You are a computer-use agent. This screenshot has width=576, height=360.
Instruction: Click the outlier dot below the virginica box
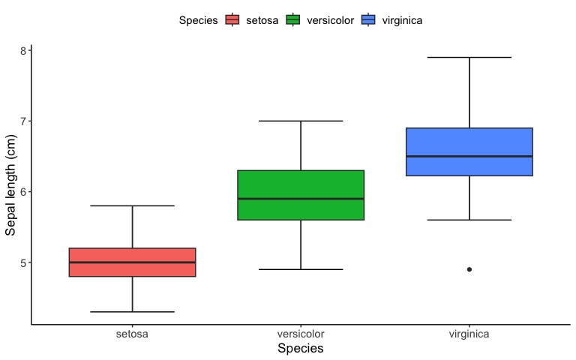pos(469,270)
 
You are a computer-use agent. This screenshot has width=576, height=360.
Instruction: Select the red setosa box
pos(132,262)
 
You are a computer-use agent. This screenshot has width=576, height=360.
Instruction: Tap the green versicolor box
pos(301,195)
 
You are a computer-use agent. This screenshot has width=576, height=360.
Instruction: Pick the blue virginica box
pos(469,151)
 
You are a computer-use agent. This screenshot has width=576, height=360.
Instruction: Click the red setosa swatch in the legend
pos(232,19)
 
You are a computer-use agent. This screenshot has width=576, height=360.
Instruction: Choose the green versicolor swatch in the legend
pos(293,19)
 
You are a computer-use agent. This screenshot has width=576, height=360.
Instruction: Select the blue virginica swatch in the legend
pos(368,19)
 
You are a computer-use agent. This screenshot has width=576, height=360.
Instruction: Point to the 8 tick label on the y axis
pos(23,50)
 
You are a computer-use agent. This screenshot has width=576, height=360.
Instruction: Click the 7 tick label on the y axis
pos(23,121)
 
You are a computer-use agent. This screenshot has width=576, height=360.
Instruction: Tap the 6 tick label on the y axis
pos(23,192)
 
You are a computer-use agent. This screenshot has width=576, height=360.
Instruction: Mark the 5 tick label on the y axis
pos(23,262)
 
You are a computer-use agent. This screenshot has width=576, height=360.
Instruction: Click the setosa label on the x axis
pos(132,334)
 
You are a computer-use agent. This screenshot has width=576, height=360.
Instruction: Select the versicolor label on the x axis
pos(301,334)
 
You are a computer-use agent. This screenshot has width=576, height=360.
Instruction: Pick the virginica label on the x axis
pos(469,334)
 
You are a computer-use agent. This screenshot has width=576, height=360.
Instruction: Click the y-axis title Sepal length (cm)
pos(10,185)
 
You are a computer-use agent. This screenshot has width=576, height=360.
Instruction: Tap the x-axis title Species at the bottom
pos(301,348)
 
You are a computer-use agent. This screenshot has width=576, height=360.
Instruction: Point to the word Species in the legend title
pos(198,20)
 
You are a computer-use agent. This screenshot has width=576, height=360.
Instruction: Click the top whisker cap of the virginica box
pos(469,57)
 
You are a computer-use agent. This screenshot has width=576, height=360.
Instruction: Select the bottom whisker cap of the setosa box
pos(132,312)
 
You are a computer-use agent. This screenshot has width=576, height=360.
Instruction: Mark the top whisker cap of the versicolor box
pos(301,121)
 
